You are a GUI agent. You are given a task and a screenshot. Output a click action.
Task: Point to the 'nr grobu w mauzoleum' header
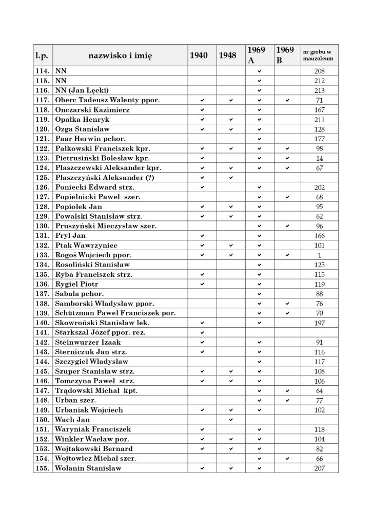click(319, 55)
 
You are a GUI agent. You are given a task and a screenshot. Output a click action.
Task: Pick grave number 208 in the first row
click(319, 71)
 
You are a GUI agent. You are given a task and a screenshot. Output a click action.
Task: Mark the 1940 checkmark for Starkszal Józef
click(202, 332)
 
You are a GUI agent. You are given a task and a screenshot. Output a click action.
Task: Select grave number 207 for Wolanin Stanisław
click(319, 468)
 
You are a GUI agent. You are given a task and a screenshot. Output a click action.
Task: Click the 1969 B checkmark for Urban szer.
click(288, 400)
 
